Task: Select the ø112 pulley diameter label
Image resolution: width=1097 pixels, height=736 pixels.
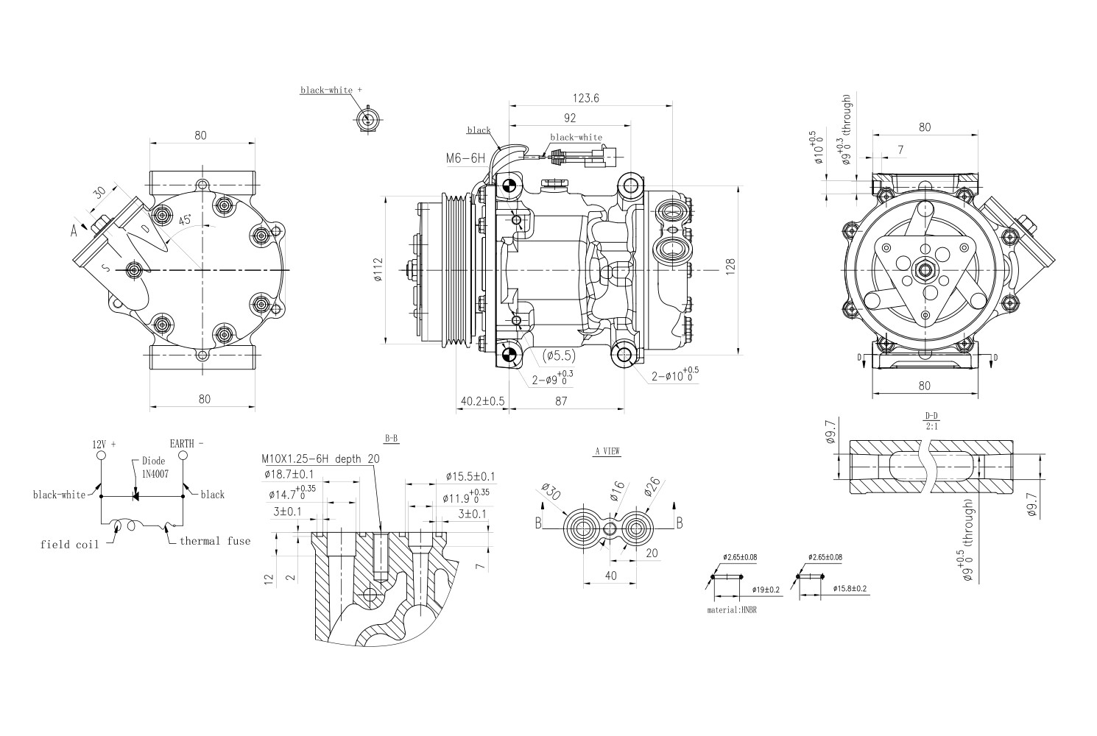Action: pos(378,271)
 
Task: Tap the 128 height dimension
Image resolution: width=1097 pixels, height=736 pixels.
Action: pos(730,266)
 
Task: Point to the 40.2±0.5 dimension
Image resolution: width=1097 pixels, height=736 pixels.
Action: pos(482,401)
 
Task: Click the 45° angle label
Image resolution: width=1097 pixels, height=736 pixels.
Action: pos(185,220)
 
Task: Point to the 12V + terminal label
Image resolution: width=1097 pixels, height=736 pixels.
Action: pos(104,445)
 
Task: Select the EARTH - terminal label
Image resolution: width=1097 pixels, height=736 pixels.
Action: pos(186,444)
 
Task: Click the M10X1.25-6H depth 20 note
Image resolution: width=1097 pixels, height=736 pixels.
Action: pos(321,459)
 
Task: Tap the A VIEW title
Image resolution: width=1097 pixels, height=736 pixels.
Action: pos(607,452)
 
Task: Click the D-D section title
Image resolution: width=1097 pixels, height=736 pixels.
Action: pos(931,416)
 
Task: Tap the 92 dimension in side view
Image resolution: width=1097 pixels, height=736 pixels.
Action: pos(569,118)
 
